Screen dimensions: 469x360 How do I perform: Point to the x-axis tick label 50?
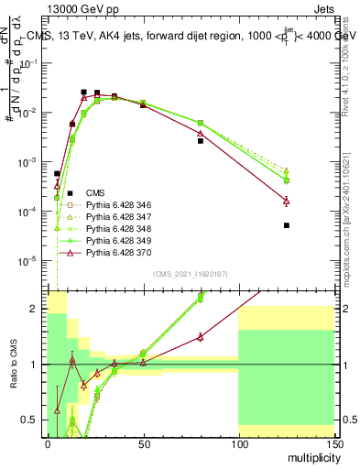click(142, 442)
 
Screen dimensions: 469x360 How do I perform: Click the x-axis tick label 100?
click(238, 442)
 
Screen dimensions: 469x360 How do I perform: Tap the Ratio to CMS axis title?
click(13, 365)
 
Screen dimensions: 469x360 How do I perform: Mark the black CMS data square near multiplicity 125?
click(287, 224)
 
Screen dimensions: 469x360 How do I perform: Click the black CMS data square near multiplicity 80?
click(201, 141)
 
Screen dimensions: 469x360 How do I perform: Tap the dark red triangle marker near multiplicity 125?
click(287, 201)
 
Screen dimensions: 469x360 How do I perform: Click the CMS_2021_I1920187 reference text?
click(189, 273)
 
